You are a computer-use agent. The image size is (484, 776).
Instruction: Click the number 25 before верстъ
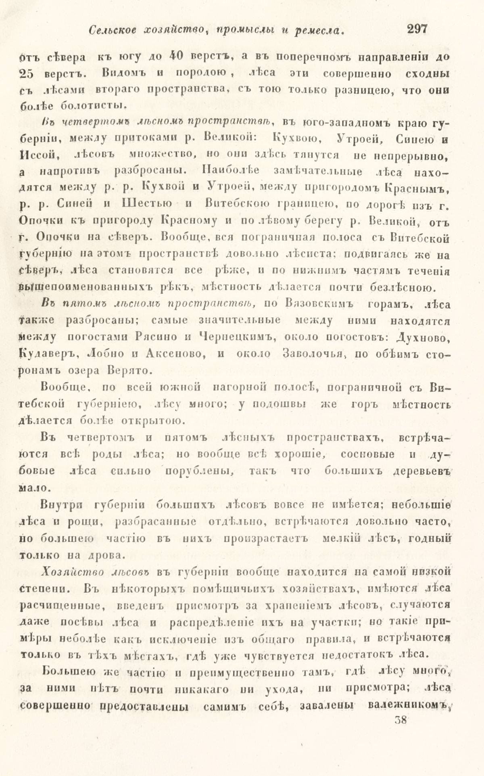click(x=28, y=74)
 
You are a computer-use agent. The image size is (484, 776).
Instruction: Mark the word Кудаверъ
click(x=46, y=354)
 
